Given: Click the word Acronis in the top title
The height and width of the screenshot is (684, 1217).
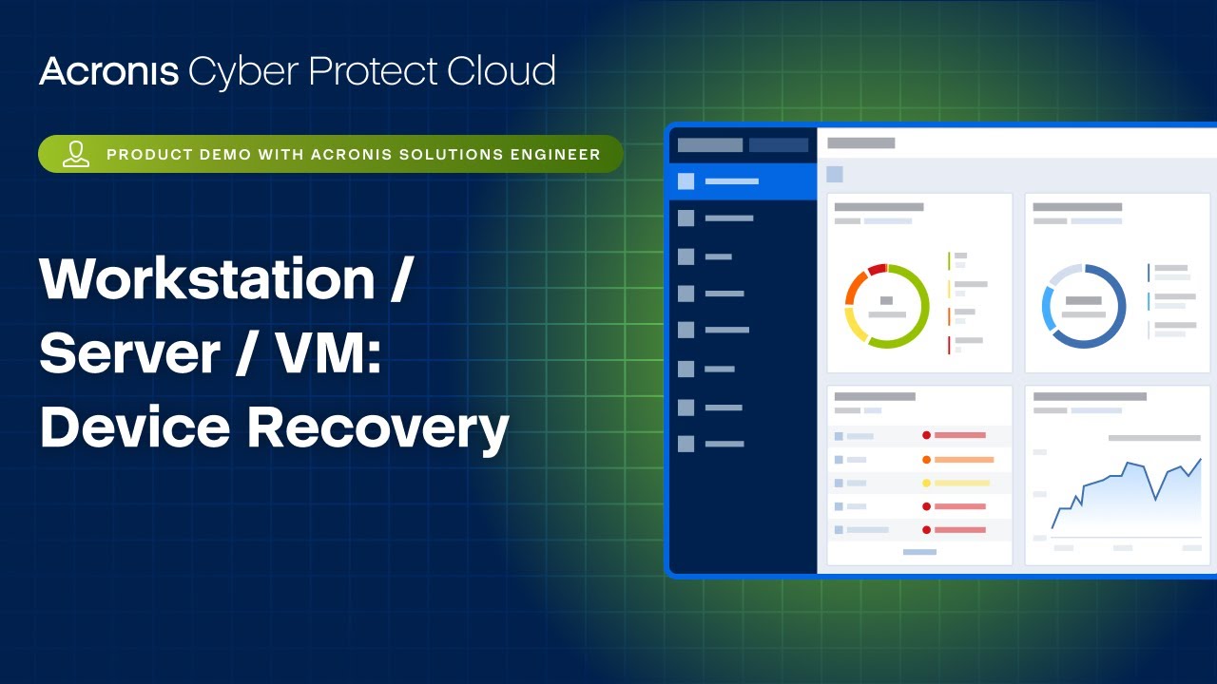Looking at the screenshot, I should [x=108, y=72].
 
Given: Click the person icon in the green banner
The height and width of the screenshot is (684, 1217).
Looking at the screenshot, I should [x=76, y=154].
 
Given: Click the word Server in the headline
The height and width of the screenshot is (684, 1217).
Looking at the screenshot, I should [x=126, y=353].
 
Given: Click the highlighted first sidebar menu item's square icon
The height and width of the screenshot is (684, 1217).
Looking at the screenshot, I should [x=686, y=181].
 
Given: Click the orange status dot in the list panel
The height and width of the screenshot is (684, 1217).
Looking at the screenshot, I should [x=926, y=460].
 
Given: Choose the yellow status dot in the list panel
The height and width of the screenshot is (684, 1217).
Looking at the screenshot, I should [x=926, y=484].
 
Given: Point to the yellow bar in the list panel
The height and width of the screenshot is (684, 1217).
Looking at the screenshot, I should [x=961, y=484].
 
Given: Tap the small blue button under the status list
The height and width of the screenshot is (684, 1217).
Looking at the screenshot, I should [x=919, y=552].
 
